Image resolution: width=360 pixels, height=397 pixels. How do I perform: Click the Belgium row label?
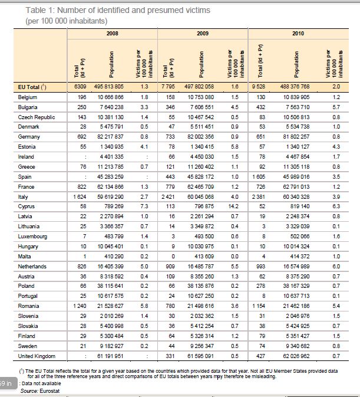coord(28,96)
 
